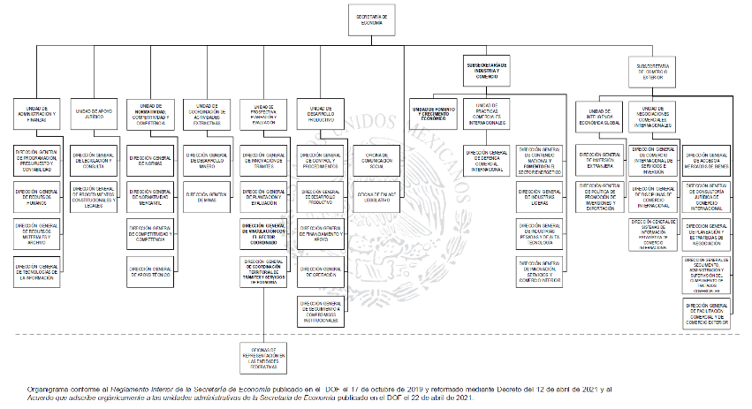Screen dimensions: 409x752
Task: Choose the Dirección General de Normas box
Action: (x=150, y=162)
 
